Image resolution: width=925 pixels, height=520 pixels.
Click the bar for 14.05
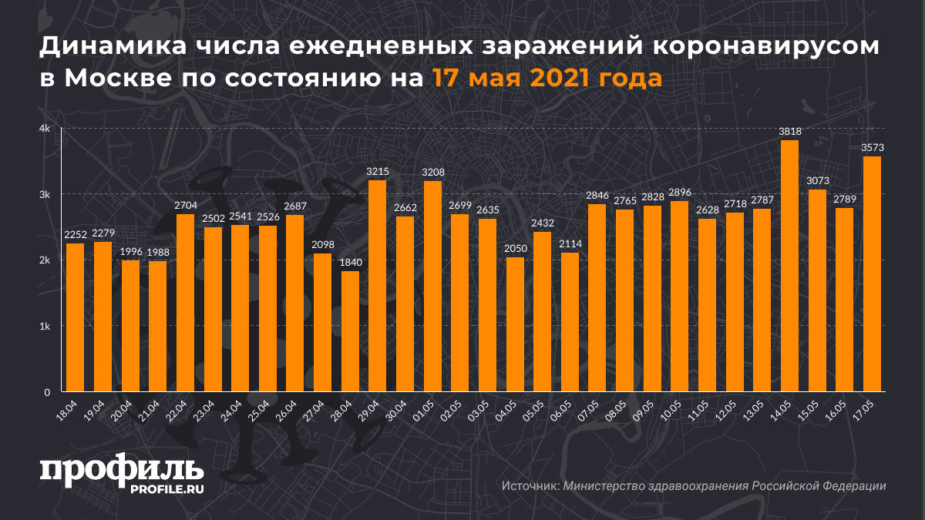789,266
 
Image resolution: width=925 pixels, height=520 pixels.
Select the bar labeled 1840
350,331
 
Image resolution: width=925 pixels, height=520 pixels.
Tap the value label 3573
871,147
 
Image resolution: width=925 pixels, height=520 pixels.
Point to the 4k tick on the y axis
45,129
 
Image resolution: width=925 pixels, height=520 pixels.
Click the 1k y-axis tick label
45,327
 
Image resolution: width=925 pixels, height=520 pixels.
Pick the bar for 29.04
377,286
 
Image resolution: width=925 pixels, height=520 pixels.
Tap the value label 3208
432,172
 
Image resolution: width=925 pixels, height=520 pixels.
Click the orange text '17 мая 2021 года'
546,79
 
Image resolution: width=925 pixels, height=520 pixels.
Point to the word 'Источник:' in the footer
530,486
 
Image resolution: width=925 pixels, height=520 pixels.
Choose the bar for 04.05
515,324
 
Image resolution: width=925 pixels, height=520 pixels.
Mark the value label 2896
679,192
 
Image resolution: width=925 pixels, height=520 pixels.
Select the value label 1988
157,252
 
